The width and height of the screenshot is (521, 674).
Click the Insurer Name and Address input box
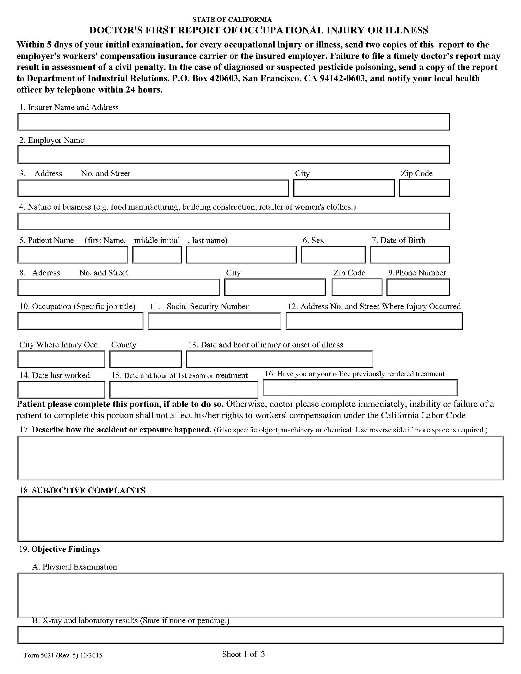(233, 122)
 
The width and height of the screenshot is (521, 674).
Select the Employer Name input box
(233, 155)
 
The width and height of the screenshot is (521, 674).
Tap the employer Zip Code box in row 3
(424, 188)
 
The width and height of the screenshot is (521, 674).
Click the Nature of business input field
(233, 221)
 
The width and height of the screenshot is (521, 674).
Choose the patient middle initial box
(157, 255)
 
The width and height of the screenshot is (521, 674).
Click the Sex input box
(333, 255)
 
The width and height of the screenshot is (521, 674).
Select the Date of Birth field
(409, 255)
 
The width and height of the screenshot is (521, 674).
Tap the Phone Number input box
(418, 287)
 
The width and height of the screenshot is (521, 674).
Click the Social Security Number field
(214, 321)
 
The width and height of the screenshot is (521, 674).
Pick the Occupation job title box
(80, 321)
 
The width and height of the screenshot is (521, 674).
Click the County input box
(145, 359)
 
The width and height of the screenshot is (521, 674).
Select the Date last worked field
(61, 390)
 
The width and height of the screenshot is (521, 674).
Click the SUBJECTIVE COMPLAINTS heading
(89, 491)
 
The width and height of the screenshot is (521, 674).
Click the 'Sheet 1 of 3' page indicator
(244, 654)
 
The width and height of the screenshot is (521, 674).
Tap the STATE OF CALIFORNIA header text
(232, 20)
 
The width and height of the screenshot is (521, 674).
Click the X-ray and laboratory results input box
(260, 635)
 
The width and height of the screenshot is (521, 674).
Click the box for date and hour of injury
(279, 359)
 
